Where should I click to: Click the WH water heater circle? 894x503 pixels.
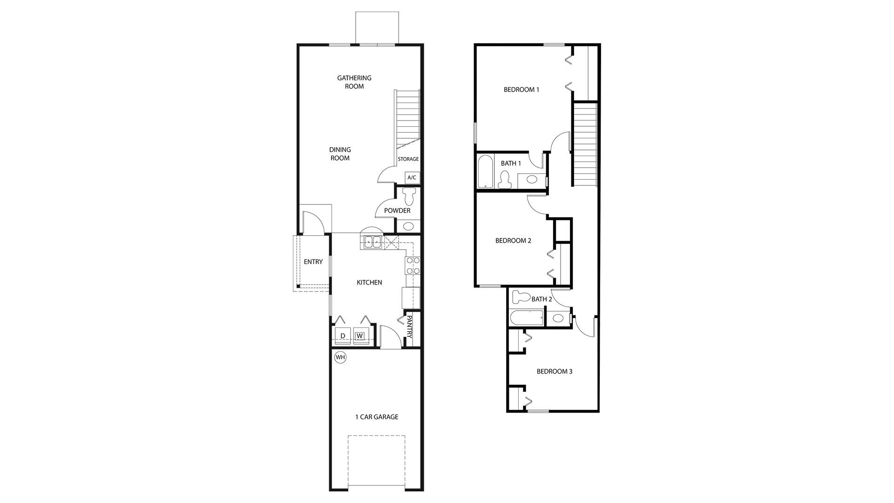coord(341,357)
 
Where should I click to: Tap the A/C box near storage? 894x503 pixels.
coord(412,177)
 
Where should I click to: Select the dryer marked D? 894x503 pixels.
coord(343,336)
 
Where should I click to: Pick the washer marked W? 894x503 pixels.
coord(360,336)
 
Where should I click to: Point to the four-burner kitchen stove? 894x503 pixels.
coord(413,265)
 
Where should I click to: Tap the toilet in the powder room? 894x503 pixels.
coord(410,196)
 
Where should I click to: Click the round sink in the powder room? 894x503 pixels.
coord(408,227)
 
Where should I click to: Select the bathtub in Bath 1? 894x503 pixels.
coord(485,172)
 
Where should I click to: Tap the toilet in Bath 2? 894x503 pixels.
coord(521,296)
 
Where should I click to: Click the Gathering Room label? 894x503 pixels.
coord(354,82)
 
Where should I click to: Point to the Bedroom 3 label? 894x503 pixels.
coord(555,371)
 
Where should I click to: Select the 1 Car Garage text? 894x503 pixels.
coord(377,417)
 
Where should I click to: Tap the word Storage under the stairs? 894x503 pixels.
coord(408,159)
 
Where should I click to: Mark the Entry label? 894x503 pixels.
coord(313,262)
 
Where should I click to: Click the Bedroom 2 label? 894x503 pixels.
coord(513,241)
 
